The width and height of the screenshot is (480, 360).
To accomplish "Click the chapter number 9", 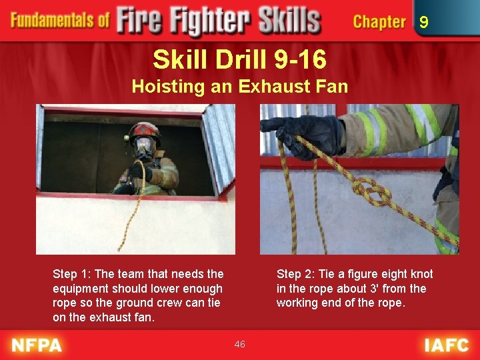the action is [x=424, y=22].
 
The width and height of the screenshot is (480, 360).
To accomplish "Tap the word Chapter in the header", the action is [x=379, y=22].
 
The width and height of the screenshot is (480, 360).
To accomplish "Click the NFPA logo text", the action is [x=37, y=345].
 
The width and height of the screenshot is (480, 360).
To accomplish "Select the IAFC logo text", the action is [x=447, y=345].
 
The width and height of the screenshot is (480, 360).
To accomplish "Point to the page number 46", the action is [x=240, y=344].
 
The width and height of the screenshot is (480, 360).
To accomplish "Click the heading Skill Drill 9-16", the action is [x=240, y=59].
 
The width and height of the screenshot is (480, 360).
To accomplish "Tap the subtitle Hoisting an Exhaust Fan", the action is [x=240, y=86].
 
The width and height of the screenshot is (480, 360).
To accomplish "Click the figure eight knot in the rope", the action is [x=371, y=193].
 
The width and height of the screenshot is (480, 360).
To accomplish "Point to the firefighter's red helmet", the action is [x=145, y=131].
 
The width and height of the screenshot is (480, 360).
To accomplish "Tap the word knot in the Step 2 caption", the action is [x=421, y=274].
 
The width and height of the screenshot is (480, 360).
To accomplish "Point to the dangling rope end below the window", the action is [x=119, y=249].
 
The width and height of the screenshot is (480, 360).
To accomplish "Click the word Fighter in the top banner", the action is [x=210, y=21].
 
